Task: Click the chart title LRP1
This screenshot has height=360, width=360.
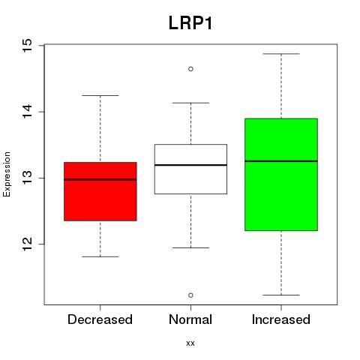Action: pos(190,23)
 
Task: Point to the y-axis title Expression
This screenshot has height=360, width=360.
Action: pos(7,174)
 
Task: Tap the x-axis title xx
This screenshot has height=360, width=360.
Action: pos(190,343)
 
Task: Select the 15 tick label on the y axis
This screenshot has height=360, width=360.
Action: pos(28,45)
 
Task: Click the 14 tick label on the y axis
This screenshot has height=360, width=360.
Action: pos(28,112)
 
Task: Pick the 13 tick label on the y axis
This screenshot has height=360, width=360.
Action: pos(28,178)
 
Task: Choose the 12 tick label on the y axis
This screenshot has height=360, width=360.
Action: pos(28,244)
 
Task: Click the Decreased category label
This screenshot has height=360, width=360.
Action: pos(100,319)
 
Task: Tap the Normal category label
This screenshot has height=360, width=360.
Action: pos(190,319)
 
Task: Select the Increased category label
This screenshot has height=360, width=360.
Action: pos(281,319)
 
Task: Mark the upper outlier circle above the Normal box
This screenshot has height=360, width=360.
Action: pos(190,69)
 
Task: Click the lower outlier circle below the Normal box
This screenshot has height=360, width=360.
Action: pos(190,295)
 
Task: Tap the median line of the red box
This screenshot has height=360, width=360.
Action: pos(100,179)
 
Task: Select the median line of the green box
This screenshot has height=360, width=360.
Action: pos(281,161)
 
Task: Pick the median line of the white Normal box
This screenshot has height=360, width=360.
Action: pos(190,165)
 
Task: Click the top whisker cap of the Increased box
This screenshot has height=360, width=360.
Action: pos(281,54)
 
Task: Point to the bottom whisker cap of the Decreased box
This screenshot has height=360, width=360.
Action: pos(100,256)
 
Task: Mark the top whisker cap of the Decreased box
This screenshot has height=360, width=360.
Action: pos(100,95)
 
